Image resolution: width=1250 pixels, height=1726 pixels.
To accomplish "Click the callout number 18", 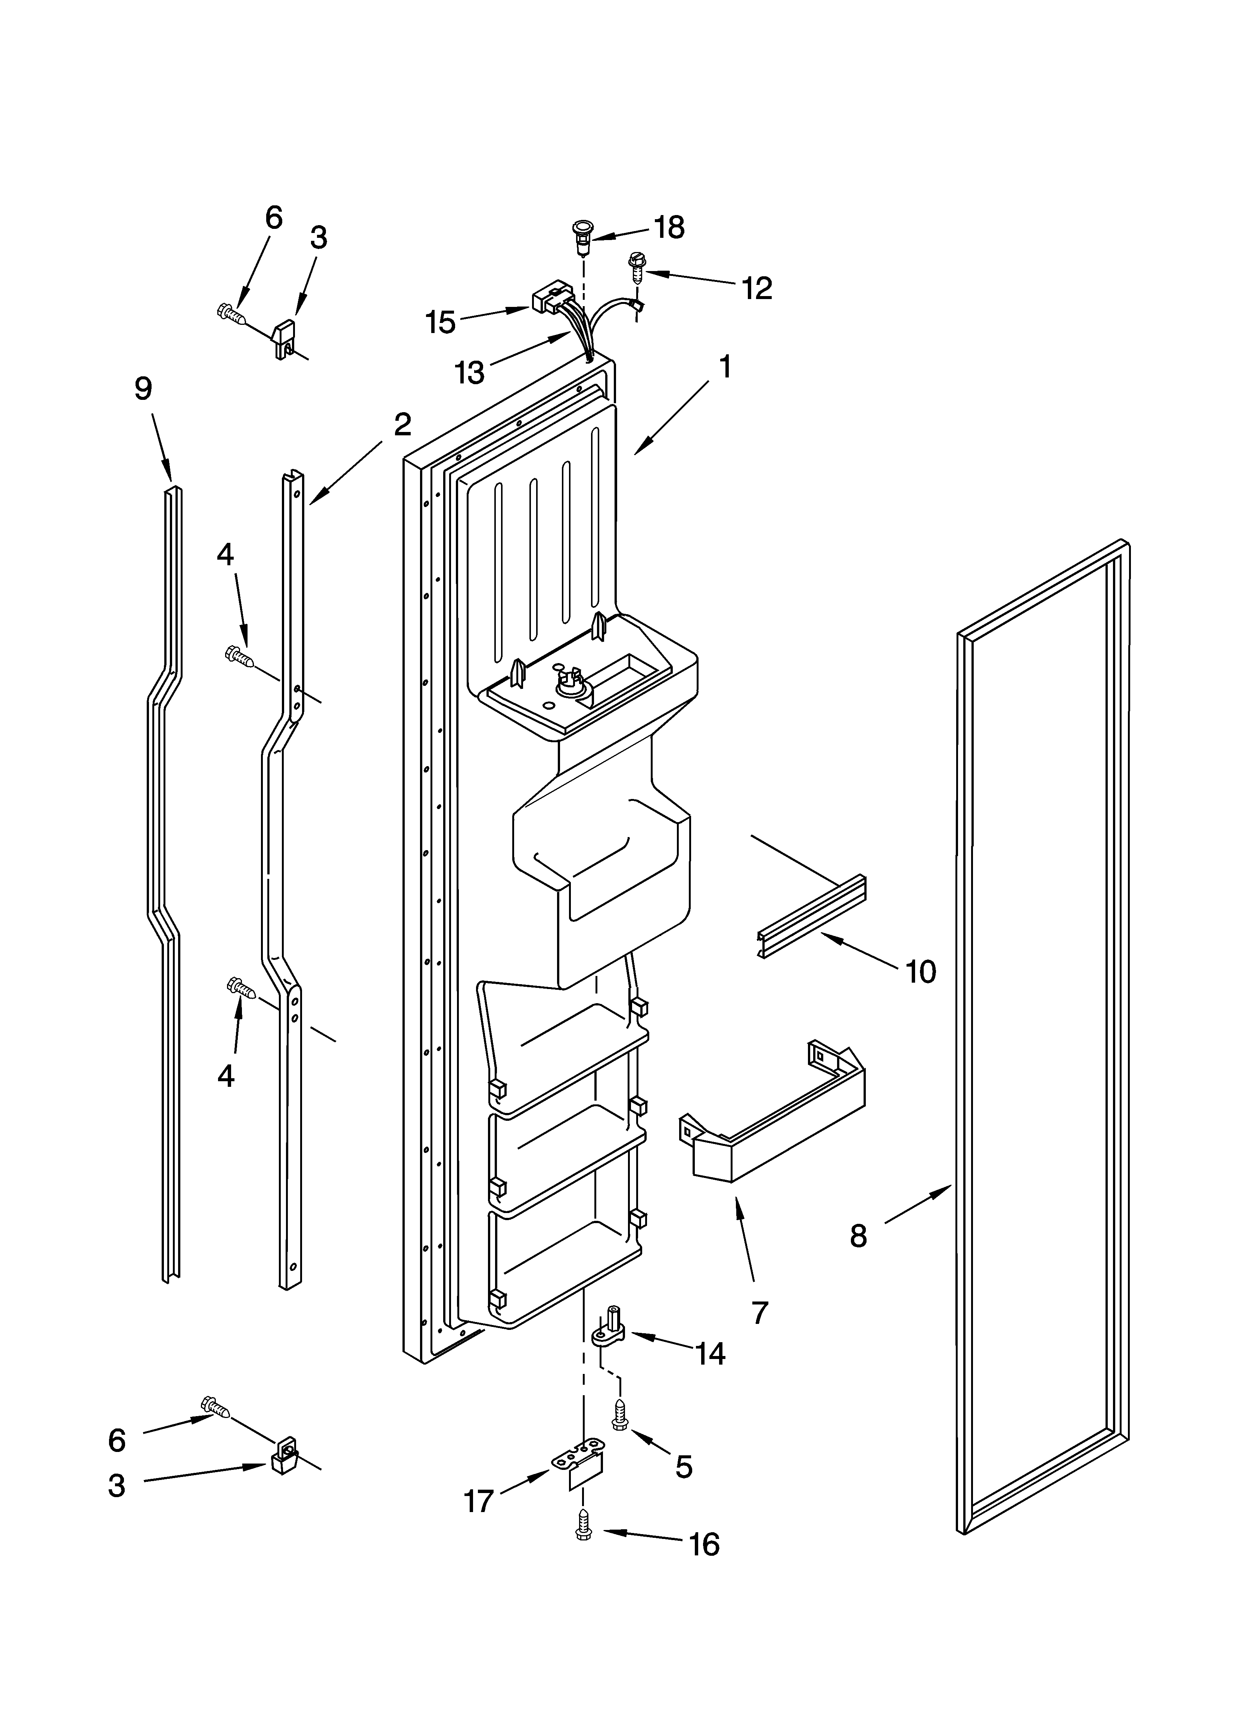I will pyautogui.click(x=670, y=227).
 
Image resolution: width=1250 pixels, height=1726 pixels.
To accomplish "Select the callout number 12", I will pyautogui.click(x=758, y=287).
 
